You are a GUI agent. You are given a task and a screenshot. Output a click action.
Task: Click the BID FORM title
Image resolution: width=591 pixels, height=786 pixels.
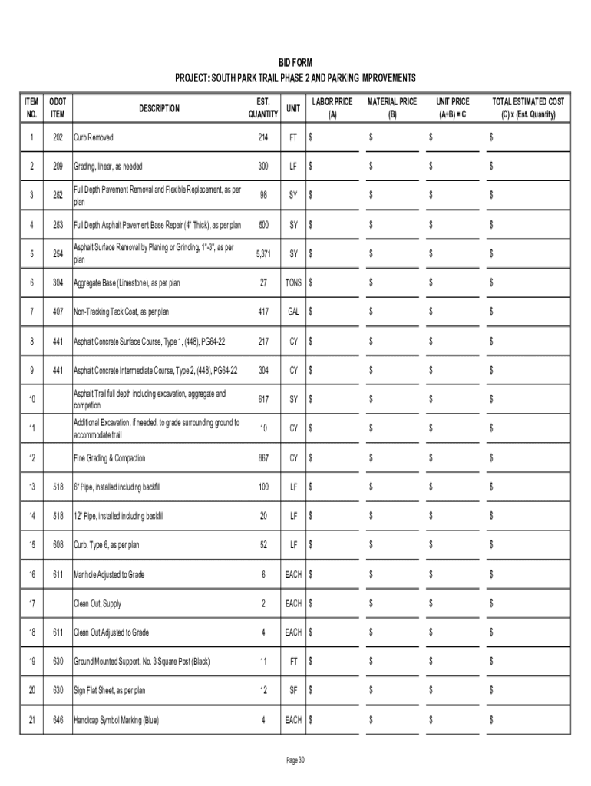point(295,62)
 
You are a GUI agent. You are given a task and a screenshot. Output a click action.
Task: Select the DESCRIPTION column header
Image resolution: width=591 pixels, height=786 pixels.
point(160,109)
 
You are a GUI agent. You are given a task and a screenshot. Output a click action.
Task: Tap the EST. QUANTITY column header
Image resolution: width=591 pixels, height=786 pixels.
point(263,109)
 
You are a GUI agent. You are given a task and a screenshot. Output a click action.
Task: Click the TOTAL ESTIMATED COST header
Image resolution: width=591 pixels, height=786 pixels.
point(529,109)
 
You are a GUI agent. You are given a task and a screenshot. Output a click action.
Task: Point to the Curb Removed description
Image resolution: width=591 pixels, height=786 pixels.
point(94,137)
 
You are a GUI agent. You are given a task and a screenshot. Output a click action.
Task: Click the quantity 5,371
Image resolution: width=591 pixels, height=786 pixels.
point(263,254)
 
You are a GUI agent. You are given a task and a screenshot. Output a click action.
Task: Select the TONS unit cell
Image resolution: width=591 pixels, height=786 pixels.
point(293,283)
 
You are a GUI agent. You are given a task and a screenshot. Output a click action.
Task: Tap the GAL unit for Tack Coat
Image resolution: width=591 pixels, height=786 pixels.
point(293,312)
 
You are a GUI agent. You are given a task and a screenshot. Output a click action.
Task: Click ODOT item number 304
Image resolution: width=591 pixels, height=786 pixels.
point(58,283)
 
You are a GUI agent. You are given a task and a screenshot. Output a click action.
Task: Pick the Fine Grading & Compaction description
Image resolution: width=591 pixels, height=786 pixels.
point(110,458)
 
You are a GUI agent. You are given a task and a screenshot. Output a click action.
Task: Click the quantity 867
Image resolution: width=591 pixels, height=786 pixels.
point(263,458)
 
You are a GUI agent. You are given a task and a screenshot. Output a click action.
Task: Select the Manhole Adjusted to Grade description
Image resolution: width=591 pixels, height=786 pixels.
point(109,574)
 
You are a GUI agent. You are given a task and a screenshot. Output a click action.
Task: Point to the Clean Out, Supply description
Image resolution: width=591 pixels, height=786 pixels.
point(97,603)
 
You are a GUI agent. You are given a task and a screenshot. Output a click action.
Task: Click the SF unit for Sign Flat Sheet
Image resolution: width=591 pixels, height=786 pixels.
point(293,691)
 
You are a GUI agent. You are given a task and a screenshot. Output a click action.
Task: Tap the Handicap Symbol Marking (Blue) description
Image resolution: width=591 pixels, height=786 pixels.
point(117,720)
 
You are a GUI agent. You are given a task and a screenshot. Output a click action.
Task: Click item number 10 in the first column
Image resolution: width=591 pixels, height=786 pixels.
point(31,400)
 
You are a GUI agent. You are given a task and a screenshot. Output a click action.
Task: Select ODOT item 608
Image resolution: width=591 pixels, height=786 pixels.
point(58,545)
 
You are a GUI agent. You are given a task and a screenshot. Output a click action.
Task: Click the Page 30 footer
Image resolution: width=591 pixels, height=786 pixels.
point(295,760)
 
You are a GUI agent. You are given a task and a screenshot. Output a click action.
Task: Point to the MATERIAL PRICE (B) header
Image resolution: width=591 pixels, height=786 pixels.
point(392,109)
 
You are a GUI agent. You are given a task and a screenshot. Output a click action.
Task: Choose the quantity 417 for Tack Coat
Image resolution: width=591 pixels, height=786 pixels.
point(263,312)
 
